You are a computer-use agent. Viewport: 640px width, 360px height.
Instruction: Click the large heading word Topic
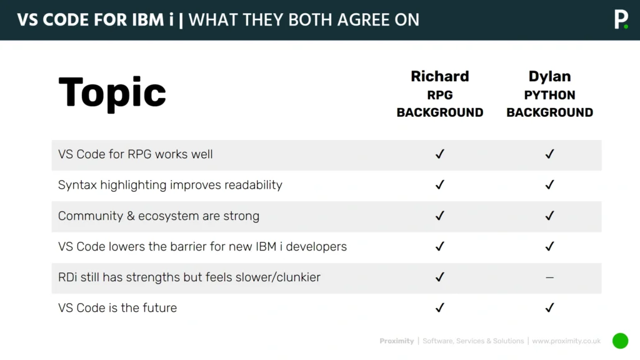pos(112,92)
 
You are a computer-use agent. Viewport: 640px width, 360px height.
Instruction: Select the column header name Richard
pos(439,76)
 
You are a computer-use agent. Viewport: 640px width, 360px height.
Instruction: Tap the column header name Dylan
pos(549,76)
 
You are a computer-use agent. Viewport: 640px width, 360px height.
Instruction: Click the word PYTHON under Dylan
pos(549,95)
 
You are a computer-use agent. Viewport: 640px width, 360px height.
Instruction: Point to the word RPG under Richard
pos(440,95)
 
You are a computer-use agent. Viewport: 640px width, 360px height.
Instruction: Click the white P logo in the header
pos(620,19)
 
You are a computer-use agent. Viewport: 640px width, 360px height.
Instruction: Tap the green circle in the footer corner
pos(620,341)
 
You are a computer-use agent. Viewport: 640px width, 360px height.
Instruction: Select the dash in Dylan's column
pos(549,277)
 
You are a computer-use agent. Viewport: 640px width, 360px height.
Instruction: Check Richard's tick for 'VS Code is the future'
pos(440,307)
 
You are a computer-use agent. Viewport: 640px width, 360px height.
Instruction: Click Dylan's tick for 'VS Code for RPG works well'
pos(549,154)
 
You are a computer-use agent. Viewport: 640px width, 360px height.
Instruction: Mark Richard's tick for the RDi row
pos(440,277)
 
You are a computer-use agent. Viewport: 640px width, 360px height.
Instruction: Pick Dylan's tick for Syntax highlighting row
pos(549,185)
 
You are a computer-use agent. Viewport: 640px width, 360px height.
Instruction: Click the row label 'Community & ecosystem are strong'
pos(159,216)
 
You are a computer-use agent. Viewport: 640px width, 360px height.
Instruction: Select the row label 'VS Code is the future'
pos(117,307)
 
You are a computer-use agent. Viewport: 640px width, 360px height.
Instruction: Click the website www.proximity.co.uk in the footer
pos(566,341)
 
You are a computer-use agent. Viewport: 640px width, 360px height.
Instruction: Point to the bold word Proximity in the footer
pos(397,341)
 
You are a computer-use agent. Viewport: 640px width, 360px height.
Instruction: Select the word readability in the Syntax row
pos(251,185)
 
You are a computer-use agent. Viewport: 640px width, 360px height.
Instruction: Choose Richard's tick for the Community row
pos(440,216)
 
